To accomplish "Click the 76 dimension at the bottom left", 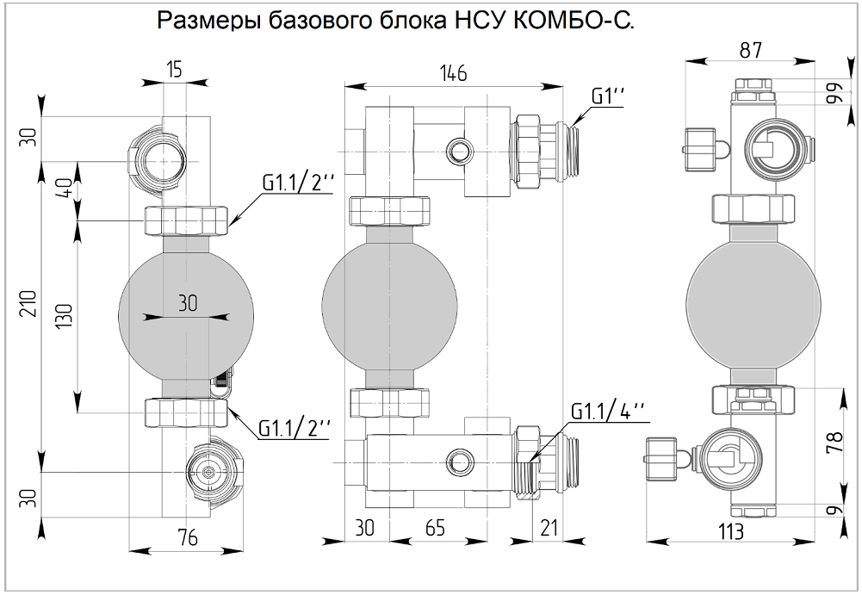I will (x=187, y=538).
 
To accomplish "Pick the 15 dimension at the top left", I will (x=175, y=70).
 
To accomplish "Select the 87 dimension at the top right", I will (x=751, y=50).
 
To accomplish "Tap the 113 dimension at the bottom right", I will (x=730, y=531).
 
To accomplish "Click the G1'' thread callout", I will (x=608, y=95).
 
